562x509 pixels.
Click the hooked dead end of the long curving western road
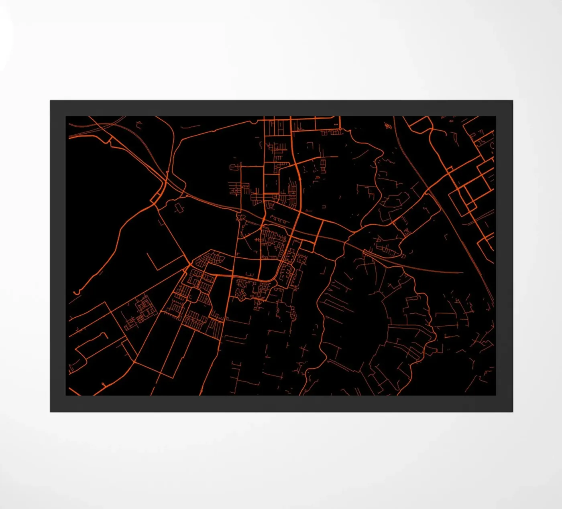76,292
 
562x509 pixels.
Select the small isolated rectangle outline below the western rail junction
178,207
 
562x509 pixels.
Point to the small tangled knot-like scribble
387,126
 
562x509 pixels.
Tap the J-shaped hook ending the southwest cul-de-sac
105,336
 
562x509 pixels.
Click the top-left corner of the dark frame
51,101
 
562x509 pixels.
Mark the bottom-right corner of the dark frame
512,411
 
